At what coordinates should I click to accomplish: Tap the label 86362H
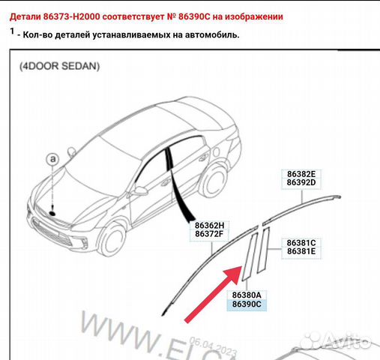[209, 224]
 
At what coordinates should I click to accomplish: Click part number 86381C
[301, 242]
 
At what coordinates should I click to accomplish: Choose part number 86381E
[301, 251]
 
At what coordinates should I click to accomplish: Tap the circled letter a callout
[52, 159]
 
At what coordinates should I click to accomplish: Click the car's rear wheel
[215, 179]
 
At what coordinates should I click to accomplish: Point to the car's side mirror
[140, 190]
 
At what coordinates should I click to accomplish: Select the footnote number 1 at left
[12, 31]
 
